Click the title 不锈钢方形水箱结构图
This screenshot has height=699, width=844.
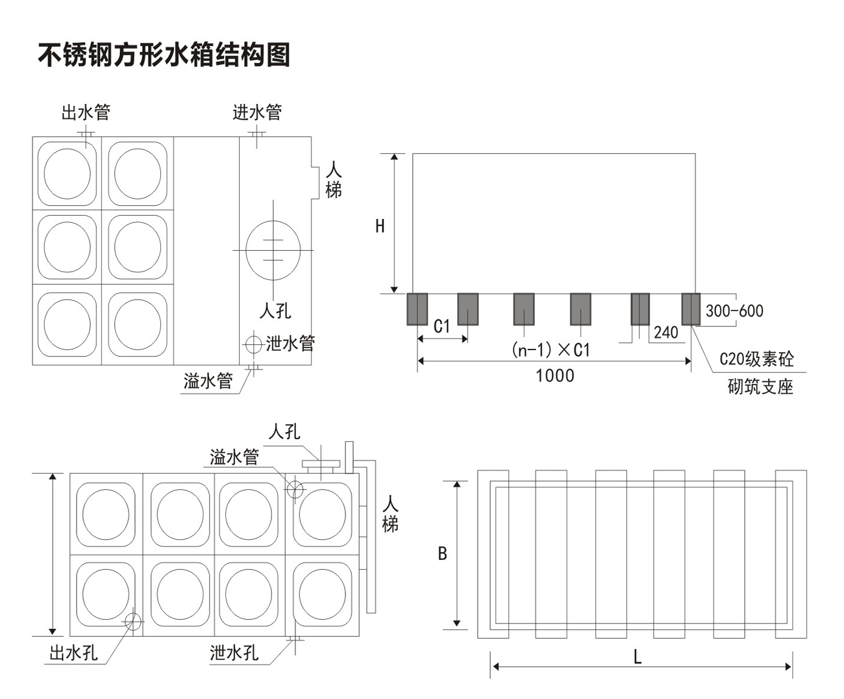click(x=164, y=55)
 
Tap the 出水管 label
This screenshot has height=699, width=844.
click(x=86, y=112)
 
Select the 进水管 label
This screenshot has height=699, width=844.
click(x=257, y=112)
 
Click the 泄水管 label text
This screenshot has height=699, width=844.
click(x=290, y=343)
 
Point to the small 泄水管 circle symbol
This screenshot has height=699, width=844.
click(x=253, y=344)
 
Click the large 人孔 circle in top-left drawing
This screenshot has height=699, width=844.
click(x=273, y=250)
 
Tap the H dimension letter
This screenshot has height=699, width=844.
click(x=380, y=226)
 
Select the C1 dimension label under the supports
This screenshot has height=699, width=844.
click(x=441, y=325)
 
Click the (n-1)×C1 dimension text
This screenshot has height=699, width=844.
click(x=551, y=350)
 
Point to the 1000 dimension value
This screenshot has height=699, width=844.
click(x=554, y=375)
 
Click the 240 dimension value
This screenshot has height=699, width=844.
click(x=665, y=333)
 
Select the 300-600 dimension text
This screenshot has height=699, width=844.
click(x=734, y=311)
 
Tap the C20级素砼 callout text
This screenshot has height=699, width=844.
click(x=756, y=359)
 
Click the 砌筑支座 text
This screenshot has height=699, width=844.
click(x=760, y=387)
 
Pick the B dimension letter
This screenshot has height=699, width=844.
click(x=442, y=553)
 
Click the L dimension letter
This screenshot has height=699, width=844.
click(x=638, y=657)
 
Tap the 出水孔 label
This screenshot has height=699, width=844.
click(x=73, y=652)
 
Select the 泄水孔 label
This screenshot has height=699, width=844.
click(x=234, y=652)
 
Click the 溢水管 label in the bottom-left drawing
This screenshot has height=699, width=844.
click(x=234, y=457)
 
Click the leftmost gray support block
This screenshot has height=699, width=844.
click(x=417, y=309)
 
